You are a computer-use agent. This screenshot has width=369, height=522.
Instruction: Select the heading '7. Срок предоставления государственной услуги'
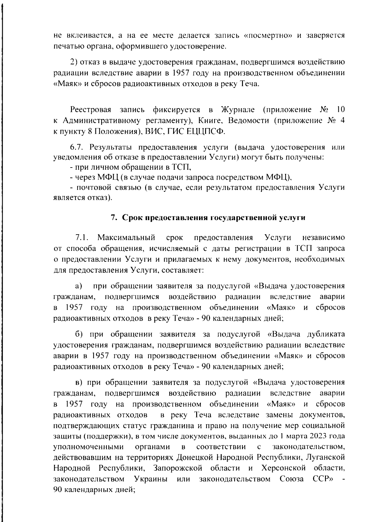coord(208,218)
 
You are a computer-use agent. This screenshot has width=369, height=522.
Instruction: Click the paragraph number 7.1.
coord(82,238)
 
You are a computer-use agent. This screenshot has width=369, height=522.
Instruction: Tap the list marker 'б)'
coord(80,334)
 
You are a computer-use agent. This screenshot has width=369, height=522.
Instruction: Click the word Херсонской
coord(283,468)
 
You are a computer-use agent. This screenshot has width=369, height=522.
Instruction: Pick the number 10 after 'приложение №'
coord(340,109)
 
